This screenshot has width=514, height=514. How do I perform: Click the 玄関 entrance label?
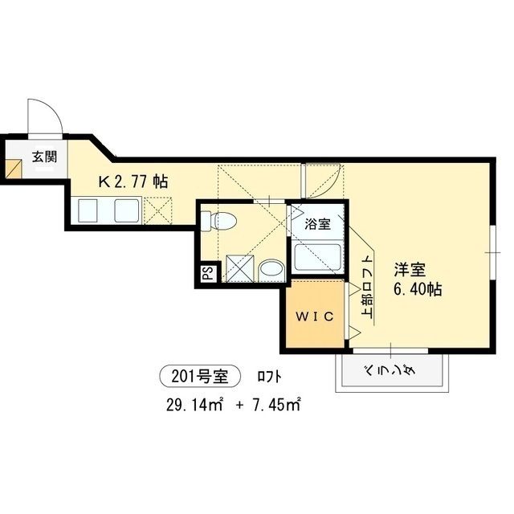44,157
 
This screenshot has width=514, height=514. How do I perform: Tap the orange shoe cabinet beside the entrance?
13,169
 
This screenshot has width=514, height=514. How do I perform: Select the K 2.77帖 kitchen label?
133,182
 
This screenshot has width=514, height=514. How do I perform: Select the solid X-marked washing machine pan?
239,268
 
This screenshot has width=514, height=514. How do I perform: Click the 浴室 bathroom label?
316,225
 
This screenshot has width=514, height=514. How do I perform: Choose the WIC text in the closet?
312,316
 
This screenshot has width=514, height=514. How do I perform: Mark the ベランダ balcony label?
390,372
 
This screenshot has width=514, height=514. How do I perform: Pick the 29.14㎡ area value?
193,403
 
